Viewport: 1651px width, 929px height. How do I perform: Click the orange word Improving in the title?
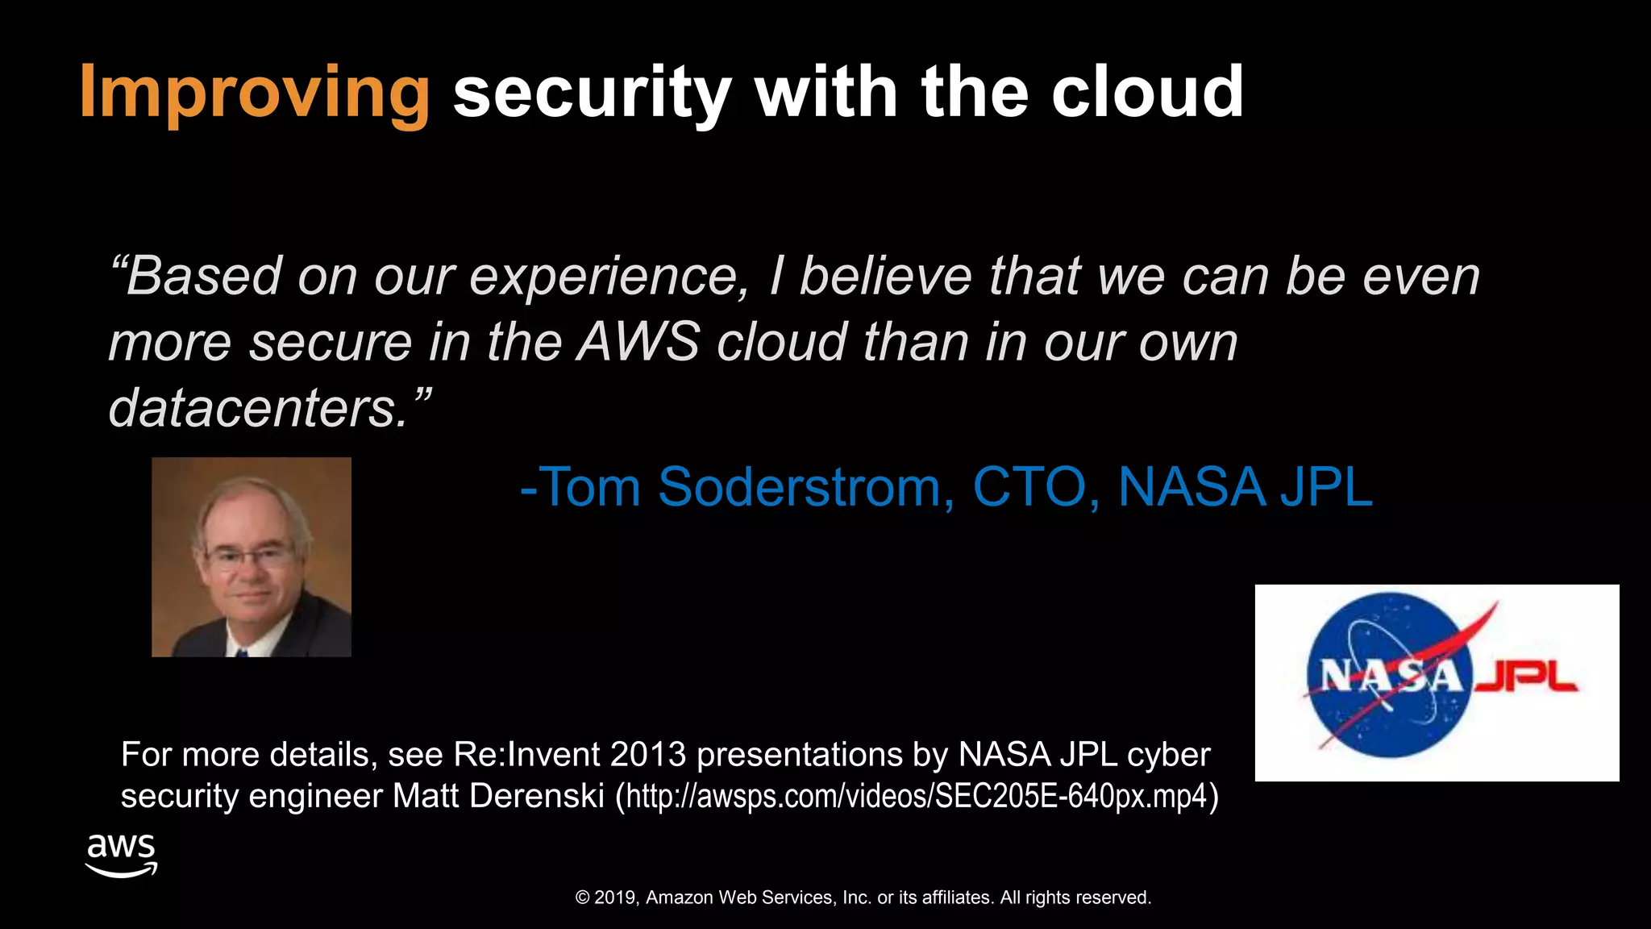point(254,93)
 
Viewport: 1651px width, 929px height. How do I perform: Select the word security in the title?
point(592,93)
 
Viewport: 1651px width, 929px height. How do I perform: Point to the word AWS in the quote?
point(638,342)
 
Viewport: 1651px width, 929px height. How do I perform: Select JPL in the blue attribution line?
point(1326,487)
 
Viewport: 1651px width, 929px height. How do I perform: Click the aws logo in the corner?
point(121,855)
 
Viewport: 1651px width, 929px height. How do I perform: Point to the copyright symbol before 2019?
point(583,898)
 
